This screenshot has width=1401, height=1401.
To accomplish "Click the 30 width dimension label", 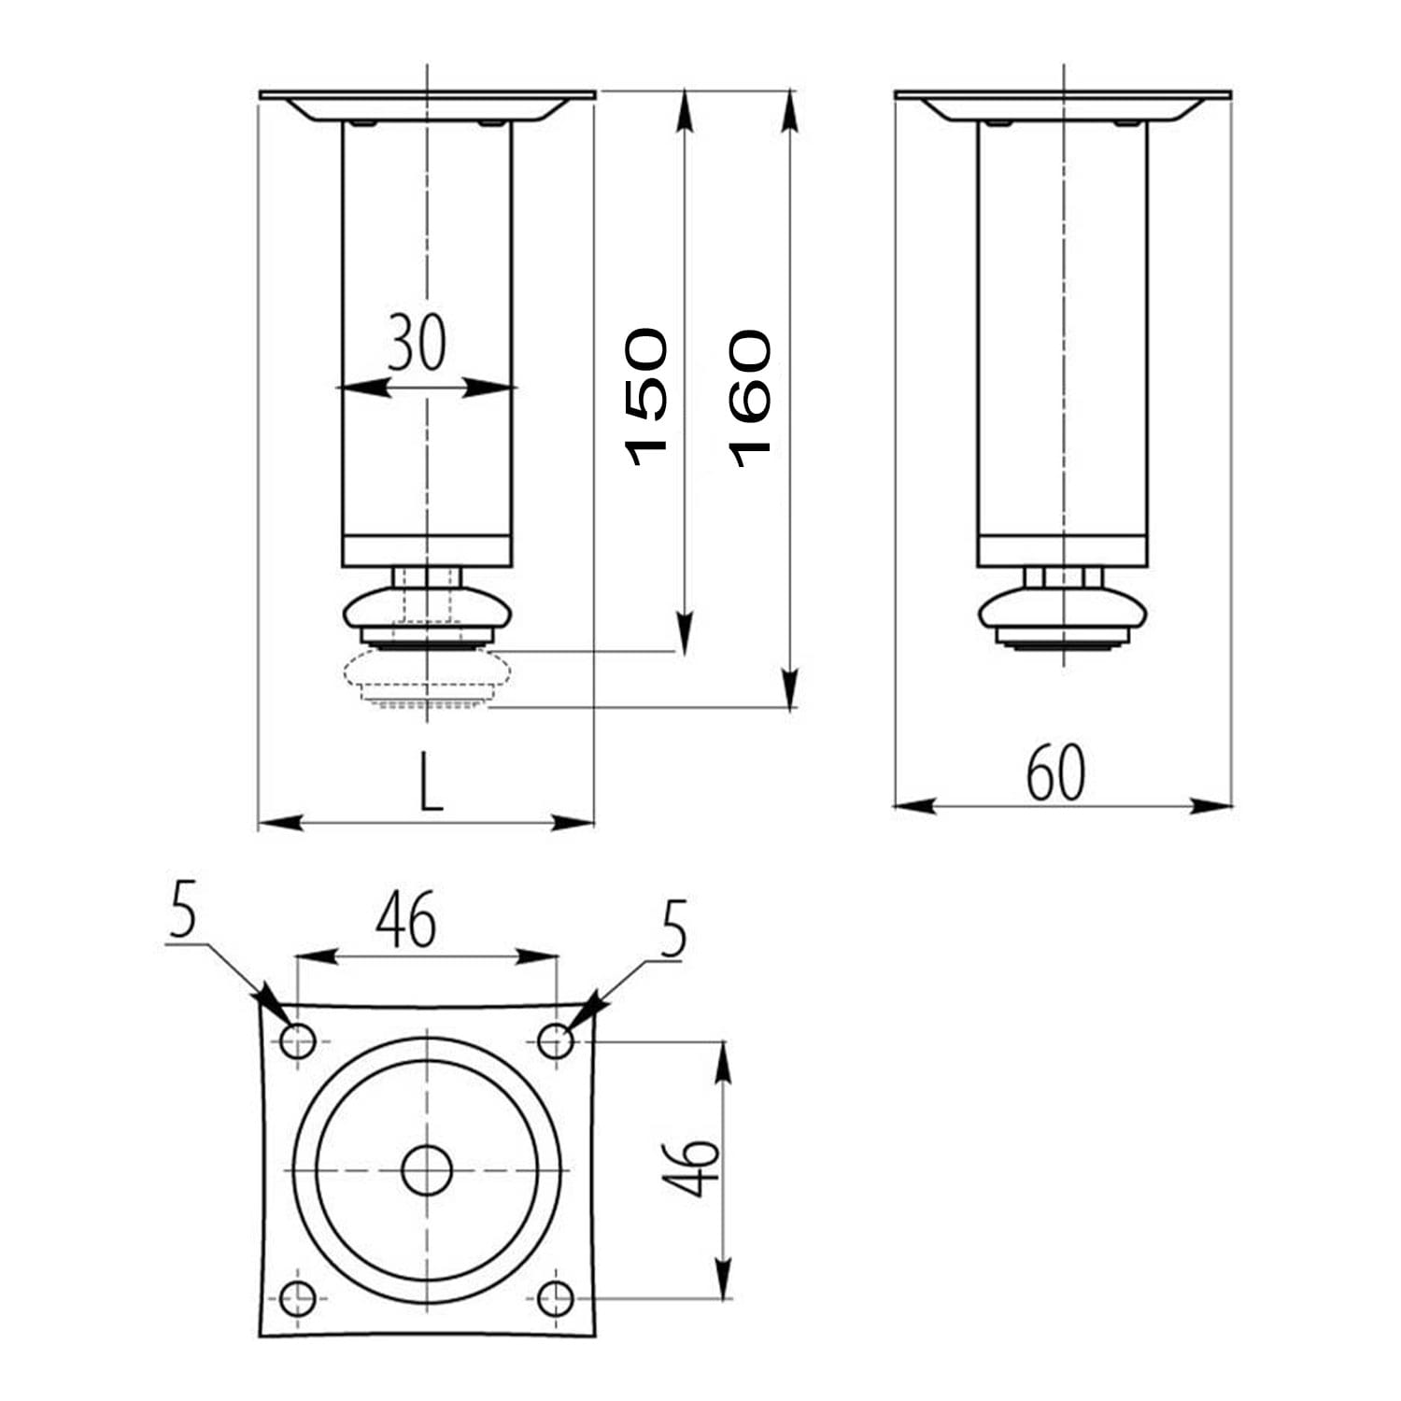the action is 417,342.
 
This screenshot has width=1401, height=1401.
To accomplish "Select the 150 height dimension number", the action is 646,397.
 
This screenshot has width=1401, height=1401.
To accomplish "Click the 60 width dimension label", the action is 1055,773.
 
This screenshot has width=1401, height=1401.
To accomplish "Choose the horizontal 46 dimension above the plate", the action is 406,919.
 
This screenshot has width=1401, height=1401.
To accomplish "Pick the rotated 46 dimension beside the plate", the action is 691,1167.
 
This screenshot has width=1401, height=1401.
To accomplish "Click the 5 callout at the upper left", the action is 183,912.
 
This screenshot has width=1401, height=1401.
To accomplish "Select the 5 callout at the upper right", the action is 673,928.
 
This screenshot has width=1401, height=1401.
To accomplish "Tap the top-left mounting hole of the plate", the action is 298,1040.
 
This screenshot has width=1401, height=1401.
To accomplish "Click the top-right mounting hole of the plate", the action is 557,1040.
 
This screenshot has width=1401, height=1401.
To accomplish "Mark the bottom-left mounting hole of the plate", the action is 298,1298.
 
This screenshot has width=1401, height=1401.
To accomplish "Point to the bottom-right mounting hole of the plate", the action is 557,1298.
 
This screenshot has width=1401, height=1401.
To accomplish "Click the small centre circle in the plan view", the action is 427,1169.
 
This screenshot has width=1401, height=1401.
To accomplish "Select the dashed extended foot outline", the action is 428,679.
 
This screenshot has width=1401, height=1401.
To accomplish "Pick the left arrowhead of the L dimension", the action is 279,823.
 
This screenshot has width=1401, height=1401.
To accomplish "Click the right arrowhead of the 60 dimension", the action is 1210,804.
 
